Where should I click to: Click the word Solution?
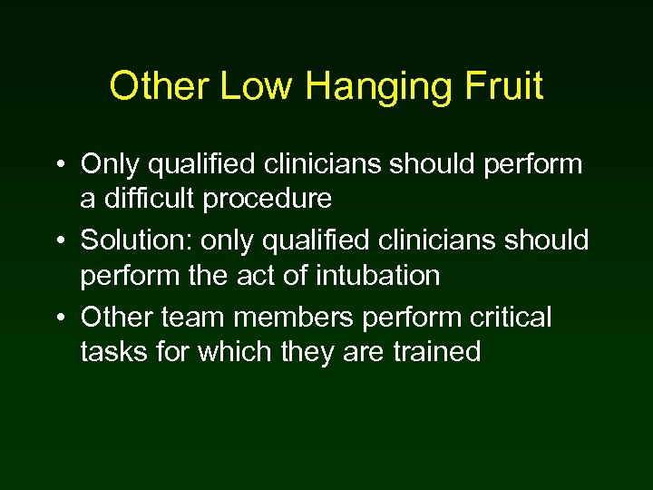[136, 241]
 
